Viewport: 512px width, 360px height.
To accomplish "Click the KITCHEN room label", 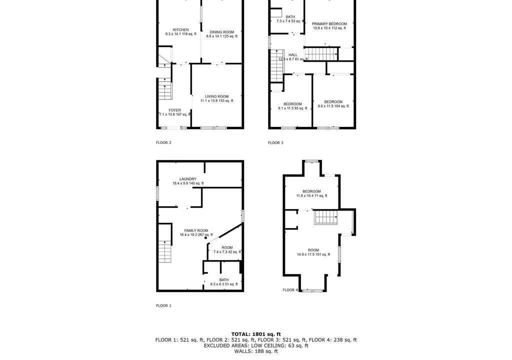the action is [180, 29].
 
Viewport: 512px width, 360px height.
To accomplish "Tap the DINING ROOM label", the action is [221, 32].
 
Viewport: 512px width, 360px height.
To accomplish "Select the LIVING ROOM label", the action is [217, 96].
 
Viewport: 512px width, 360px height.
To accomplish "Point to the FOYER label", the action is [174, 110].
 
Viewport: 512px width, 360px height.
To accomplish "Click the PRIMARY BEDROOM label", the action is [329, 24].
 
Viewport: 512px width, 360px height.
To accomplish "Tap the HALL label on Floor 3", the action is [293, 55].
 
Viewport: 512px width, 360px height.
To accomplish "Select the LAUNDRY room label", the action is [188, 179].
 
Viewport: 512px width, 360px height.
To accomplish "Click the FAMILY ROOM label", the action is [196, 230].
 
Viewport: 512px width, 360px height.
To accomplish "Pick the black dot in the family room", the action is [205, 238].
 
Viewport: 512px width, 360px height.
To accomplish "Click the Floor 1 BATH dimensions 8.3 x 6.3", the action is [224, 284].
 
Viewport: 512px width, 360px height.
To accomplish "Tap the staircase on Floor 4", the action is [326, 217].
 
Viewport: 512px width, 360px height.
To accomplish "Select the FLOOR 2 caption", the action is [163, 142].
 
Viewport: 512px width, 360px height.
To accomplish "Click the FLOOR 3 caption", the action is [275, 142].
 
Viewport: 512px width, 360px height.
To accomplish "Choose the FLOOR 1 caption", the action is [163, 305].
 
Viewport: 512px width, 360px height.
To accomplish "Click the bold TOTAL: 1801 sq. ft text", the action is [256, 334].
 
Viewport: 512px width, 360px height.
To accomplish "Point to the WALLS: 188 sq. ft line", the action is [256, 351].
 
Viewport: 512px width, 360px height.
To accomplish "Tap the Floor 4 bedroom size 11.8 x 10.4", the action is [311, 195].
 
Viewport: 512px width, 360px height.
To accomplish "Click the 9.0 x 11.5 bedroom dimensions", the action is [333, 106].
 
